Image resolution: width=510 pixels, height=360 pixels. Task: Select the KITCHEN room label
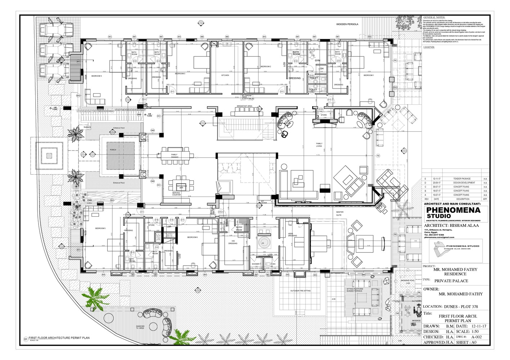tap(225, 75)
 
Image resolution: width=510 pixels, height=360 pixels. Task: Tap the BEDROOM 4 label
tap(96, 76)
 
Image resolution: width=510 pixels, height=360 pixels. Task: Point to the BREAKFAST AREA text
tap(244, 106)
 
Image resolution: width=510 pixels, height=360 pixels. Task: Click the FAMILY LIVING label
tap(319, 145)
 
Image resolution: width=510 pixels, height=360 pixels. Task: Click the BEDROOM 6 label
tap(193, 237)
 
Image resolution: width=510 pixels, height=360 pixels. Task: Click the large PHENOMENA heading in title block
tap(453, 210)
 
